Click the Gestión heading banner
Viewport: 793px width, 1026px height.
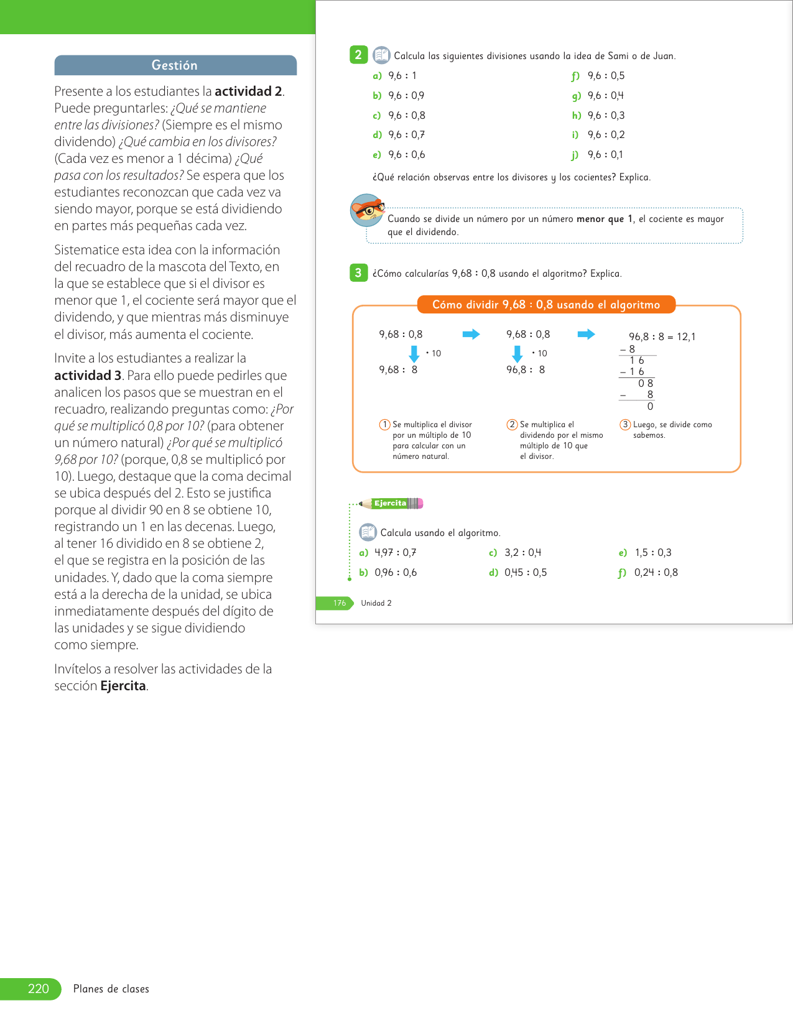click(175, 65)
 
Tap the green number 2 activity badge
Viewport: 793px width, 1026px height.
click(358, 55)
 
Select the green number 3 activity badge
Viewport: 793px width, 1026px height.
click(358, 273)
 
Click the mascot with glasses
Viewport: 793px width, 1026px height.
click(367, 210)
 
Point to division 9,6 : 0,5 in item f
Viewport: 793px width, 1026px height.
click(606, 76)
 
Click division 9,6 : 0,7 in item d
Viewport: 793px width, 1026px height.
click(406, 135)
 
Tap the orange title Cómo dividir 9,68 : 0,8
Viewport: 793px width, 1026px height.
click(546, 305)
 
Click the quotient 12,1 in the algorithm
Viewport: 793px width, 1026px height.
click(686, 337)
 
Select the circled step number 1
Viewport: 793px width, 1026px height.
click(384, 425)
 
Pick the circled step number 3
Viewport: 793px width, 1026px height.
click(625, 425)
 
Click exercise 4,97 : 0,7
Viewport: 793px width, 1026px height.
click(395, 553)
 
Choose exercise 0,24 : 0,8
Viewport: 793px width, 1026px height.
click(656, 573)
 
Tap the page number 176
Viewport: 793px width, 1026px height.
click(339, 603)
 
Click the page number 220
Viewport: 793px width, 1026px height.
click(38, 989)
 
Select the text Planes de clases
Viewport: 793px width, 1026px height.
click(111, 989)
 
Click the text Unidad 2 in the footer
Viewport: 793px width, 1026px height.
click(376, 603)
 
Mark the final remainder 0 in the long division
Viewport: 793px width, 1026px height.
click(650, 407)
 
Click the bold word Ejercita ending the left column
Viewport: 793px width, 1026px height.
click(123, 686)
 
